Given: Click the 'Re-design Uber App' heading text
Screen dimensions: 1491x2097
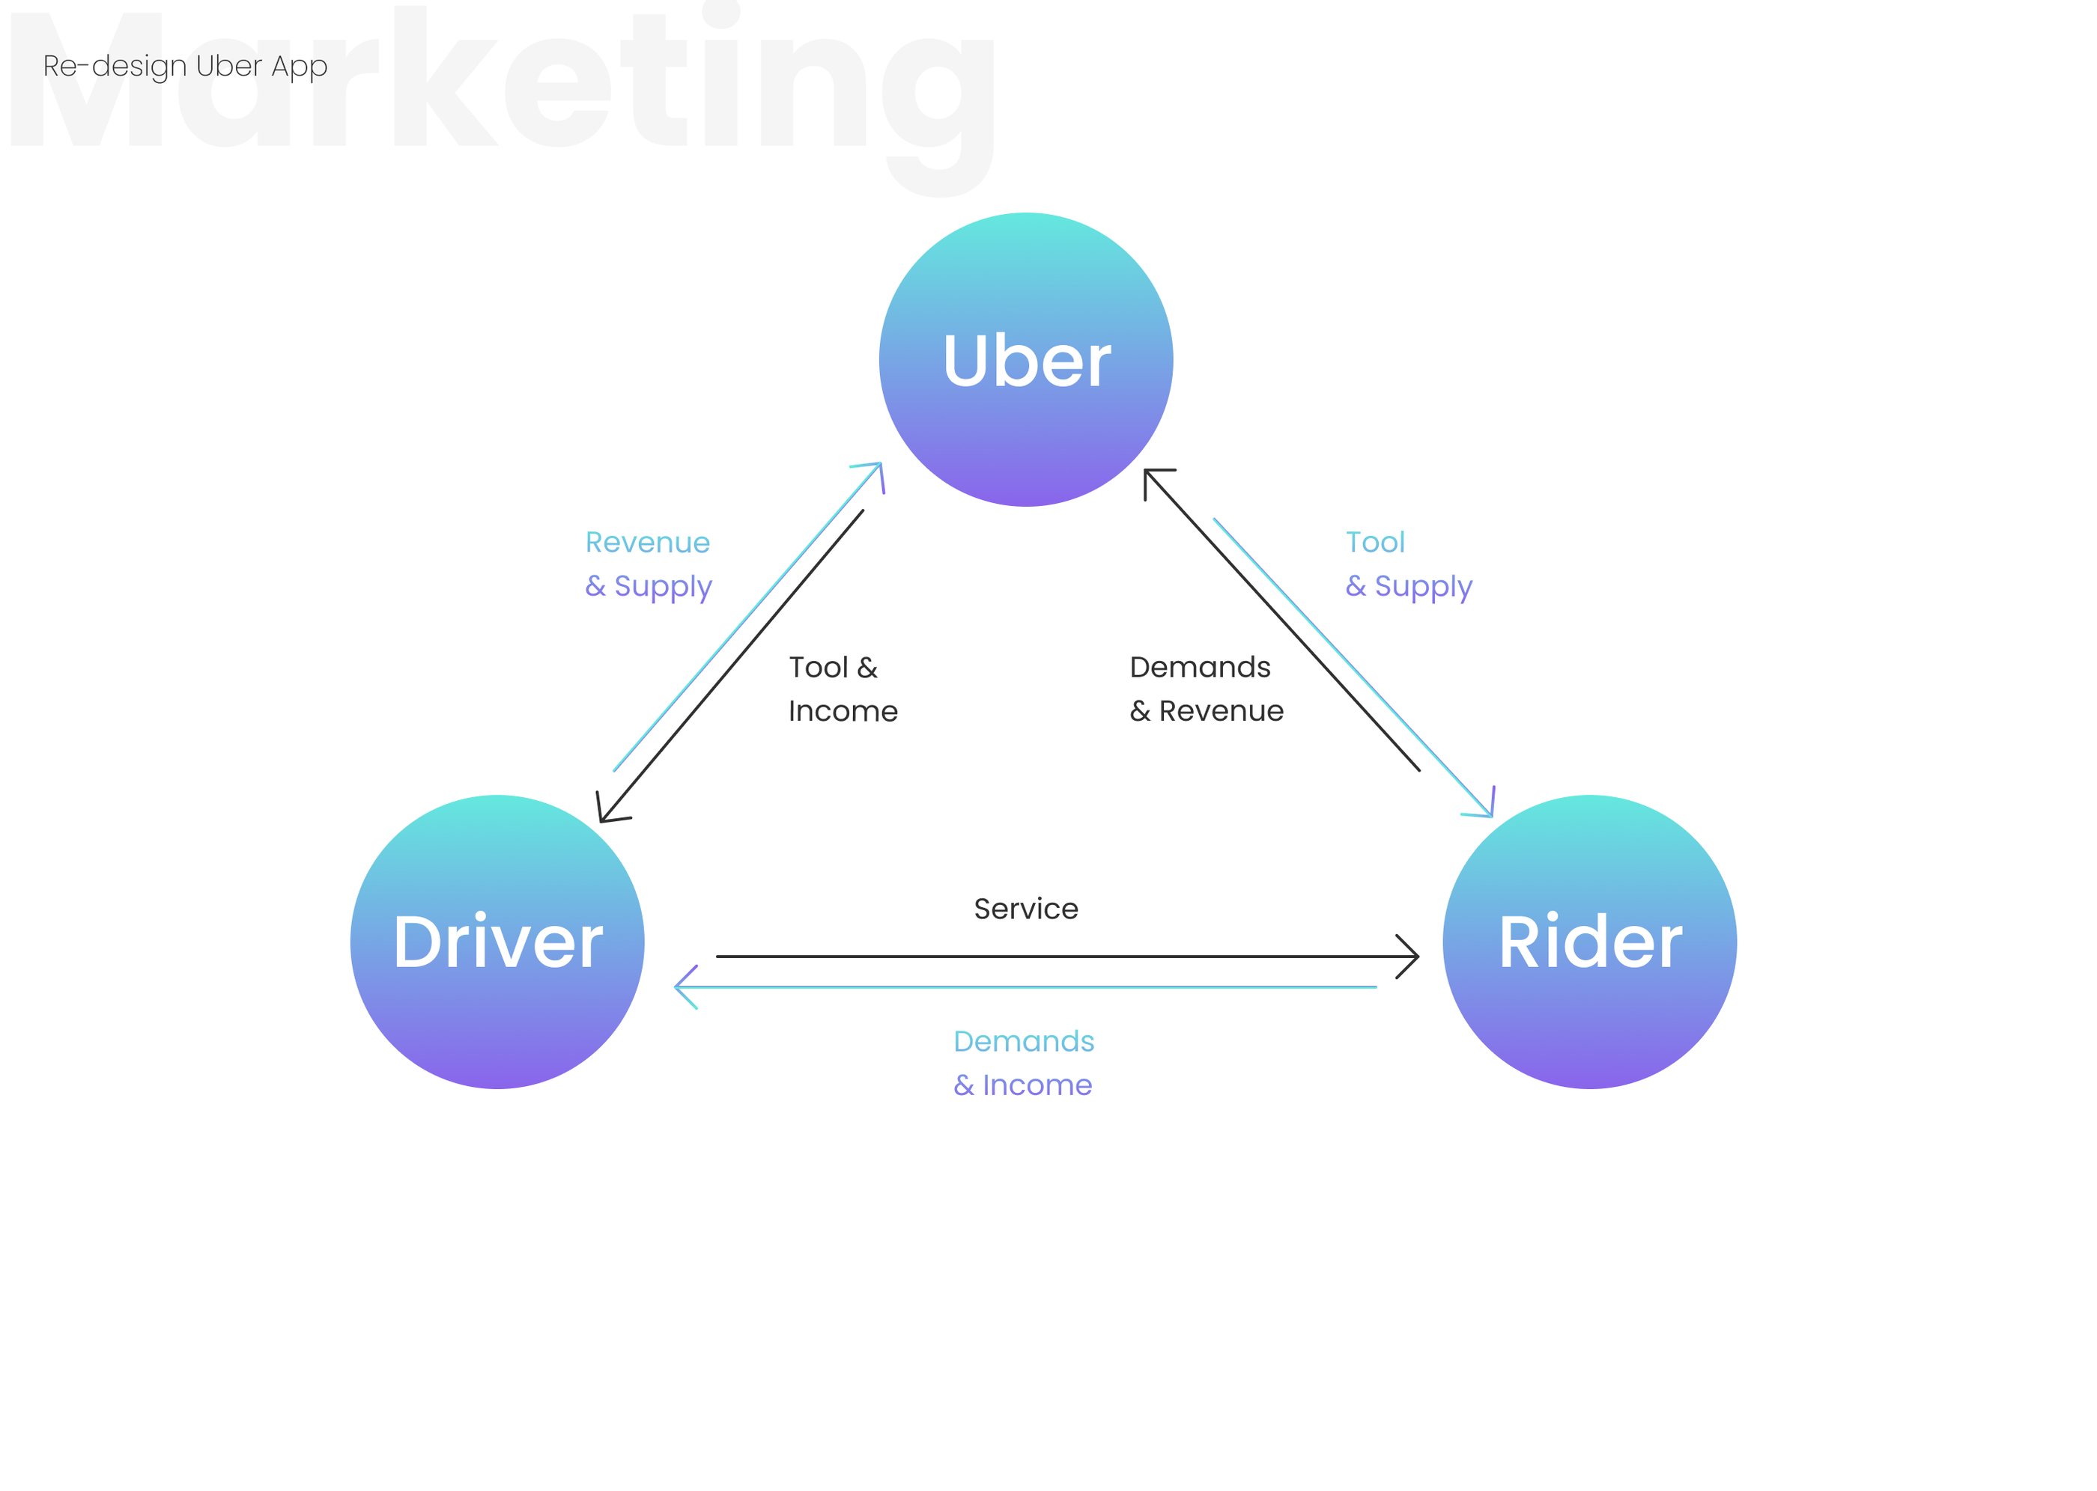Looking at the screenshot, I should [185, 66].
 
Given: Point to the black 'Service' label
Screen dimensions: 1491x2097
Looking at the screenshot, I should [1025, 909].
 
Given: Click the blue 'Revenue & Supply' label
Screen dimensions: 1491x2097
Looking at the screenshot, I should [648, 564].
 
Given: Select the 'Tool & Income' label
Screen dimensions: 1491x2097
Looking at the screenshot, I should [841, 689].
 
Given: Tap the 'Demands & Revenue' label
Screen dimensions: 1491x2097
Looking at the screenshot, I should [1205, 689].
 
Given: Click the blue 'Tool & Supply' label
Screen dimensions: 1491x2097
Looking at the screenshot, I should [1407, 564].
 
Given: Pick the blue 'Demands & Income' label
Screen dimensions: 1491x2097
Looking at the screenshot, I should [1023, 1063].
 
